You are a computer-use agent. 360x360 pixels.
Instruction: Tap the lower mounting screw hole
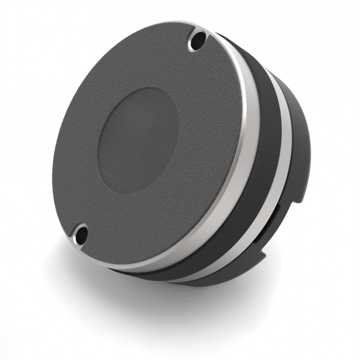81,234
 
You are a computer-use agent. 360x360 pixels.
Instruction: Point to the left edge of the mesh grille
99,148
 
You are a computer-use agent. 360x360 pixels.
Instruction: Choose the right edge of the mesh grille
178,126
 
